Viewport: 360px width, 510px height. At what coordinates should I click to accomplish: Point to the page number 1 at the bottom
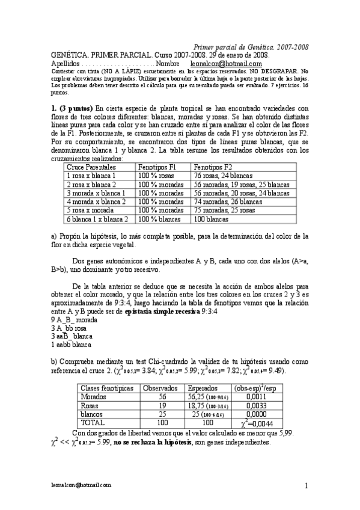click(306, 485)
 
